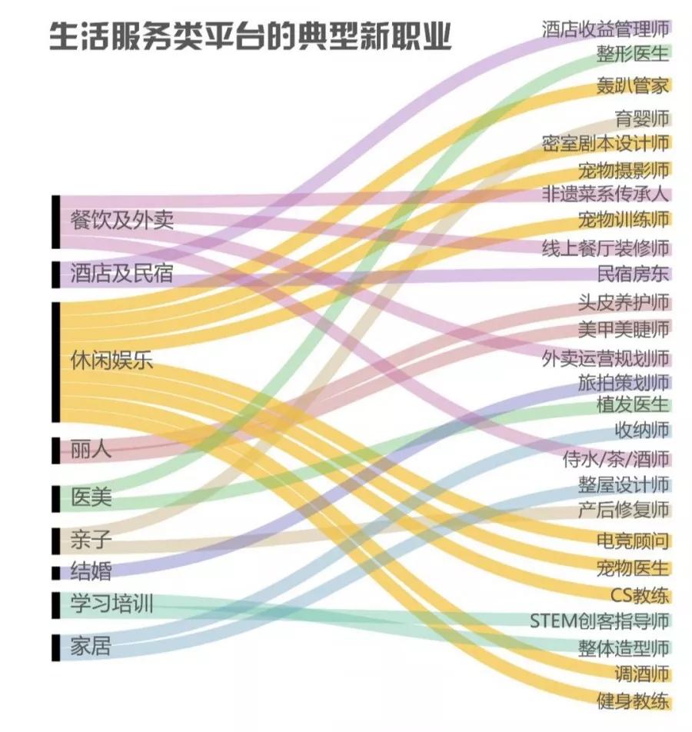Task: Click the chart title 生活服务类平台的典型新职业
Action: pyautogui.click(x=250, y=37)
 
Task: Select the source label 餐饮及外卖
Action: pyautogui.click(x=121, y=221)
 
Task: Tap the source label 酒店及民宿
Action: pyautogui.click(x=121, y=273)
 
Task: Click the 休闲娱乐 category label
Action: pyautogui.click(x=111, y=360)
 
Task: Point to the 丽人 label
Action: pyautogui.click(x=91, y=450)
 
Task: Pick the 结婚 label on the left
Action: pyautogui.click(x=91, y=571)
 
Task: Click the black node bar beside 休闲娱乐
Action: pyautogui.click(x=55, y=361)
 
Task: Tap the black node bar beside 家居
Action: pyautogui.click(x=55, y=647)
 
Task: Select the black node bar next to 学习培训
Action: pyautogui.click(x=55, y=604)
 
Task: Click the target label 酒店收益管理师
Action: pyautogui.click(x=605, y=29)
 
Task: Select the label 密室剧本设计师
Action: pyautogui.click(x=605, y=144)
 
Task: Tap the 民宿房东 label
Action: pyautogui.click(x=633, y=274)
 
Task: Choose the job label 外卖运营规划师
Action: pyautogui.click(x=605, y=358)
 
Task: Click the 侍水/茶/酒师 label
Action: pyautogui.click(x=616, y=460)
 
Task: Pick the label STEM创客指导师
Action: pyautogui.click(x=600, y=621)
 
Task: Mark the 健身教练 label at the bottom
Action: pyautogui.click(x=633, y=701)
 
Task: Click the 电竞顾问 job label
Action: pyautogui.click(x=633, y=541)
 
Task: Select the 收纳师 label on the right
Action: pyautogui.click(x=641, y=430)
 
